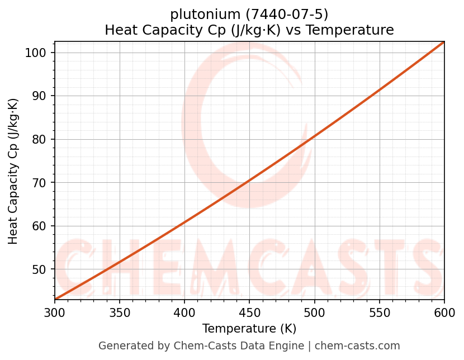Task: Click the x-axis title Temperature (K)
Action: coord(249,329)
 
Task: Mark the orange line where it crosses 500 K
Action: coord(314,136)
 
